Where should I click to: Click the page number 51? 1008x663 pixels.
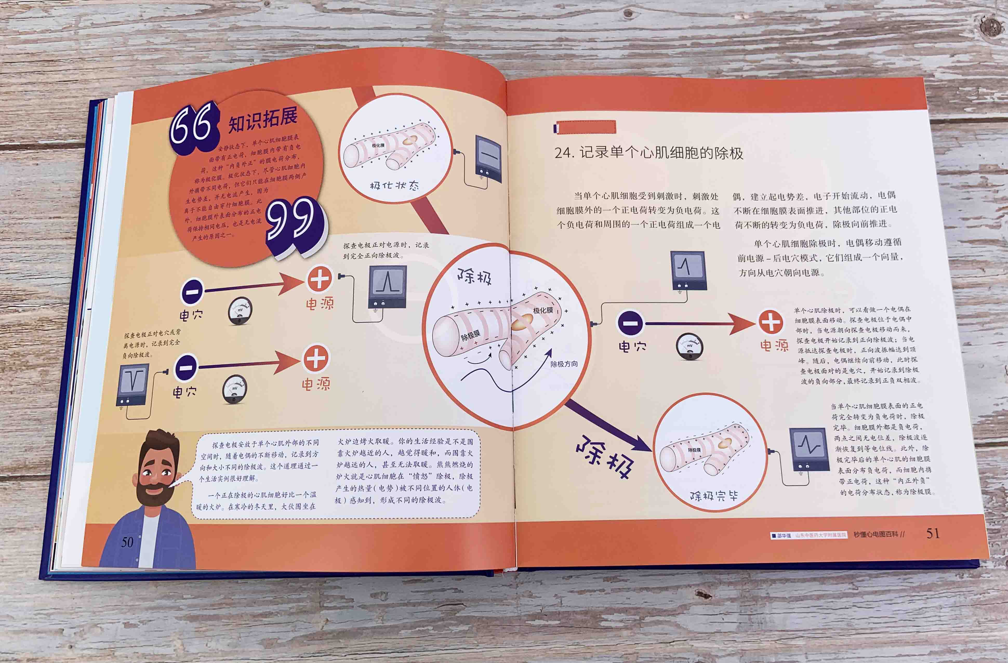[x=933, y=533]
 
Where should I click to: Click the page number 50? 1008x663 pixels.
[x=127, y=542]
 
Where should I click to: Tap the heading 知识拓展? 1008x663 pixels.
[x=263, y=120]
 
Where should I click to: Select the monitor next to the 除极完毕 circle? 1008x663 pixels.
[x=809, y=449]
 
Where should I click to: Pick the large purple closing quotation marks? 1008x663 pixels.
[x=292, y=224]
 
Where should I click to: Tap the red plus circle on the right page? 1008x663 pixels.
[x=770, y=323]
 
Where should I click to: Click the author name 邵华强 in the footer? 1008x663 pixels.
[x=784, y=535]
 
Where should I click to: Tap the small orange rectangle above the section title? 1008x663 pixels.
[x=585, y=127]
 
